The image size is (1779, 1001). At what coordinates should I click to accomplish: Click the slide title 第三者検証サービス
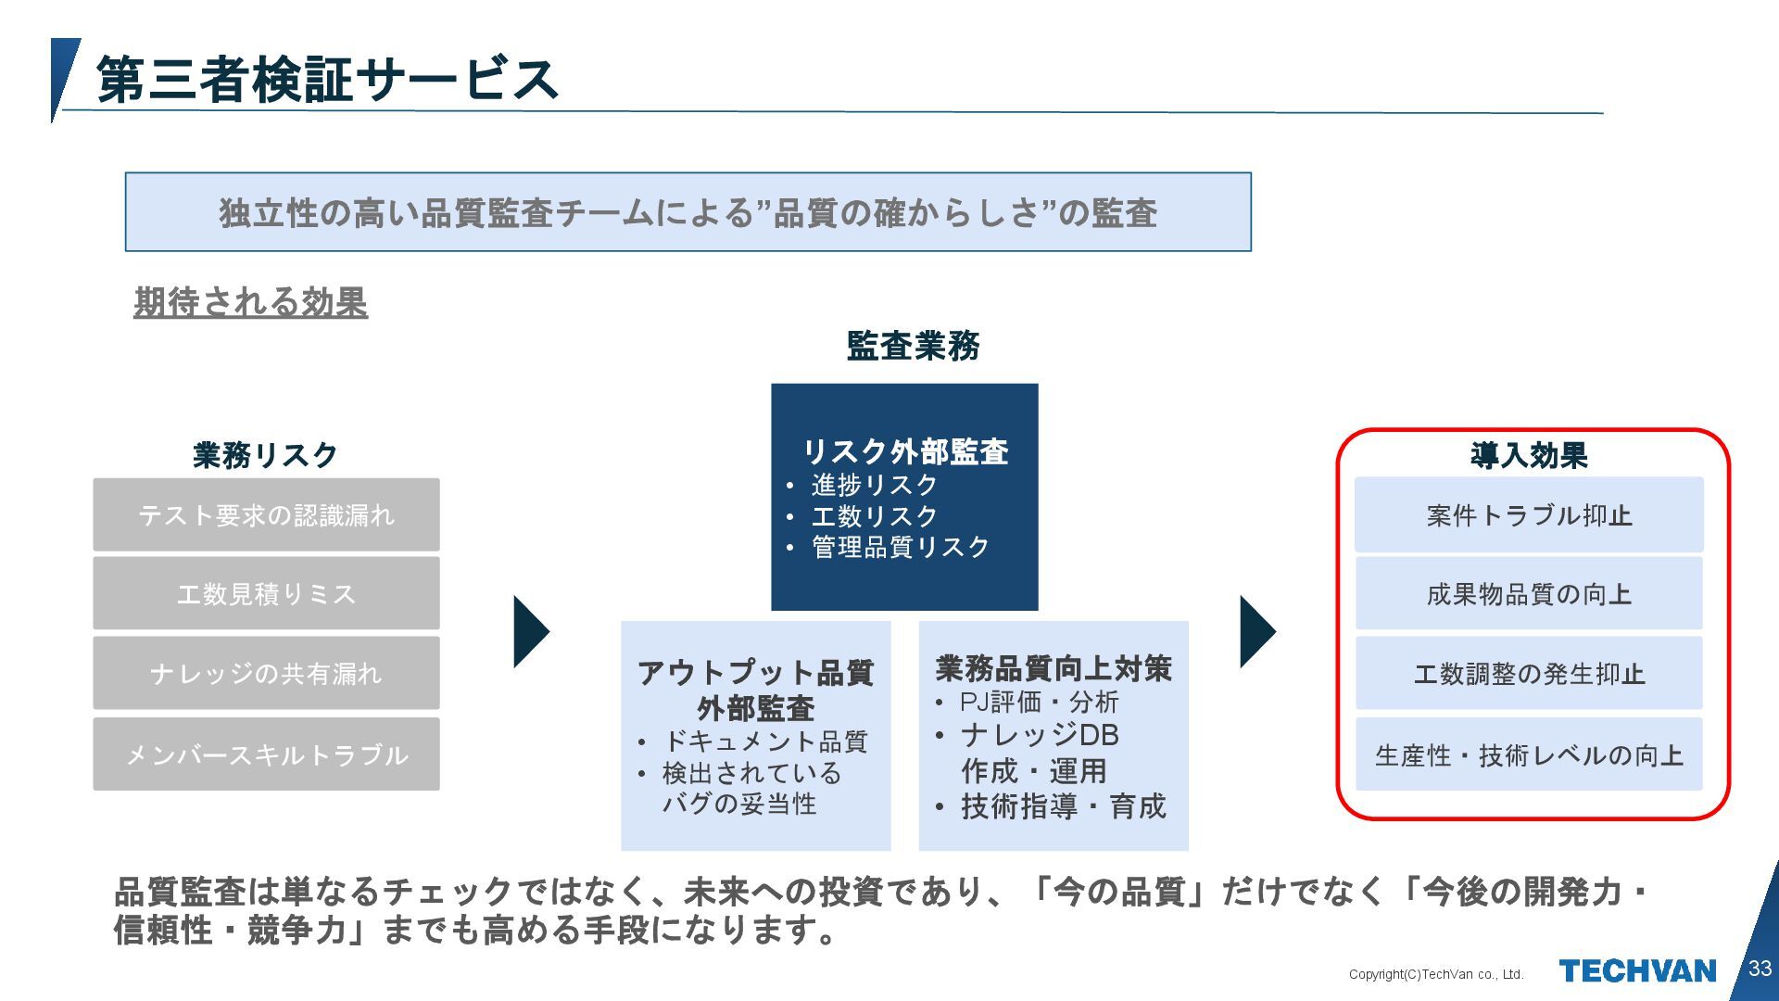(x=327, y=80)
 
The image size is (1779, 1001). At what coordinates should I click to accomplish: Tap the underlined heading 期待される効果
(x=250, y=302)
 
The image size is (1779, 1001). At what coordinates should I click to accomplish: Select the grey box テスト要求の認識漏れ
(x=266, y=515)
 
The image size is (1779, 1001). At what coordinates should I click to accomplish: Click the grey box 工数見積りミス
(x=266, y=594)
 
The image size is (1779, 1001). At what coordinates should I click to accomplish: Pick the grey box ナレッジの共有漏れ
(x=266, y=674)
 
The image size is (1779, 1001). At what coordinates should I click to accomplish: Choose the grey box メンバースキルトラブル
(x=266, y=754)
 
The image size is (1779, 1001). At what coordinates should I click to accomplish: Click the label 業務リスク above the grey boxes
(x=265, y=455)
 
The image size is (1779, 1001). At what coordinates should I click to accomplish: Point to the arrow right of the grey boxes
(x=530, y=631)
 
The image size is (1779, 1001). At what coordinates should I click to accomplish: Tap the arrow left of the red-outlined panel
(x=1256, y=631)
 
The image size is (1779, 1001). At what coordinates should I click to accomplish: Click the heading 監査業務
(x=913, y=346)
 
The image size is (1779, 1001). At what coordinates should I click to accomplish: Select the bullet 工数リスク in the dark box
(x=875, y=516)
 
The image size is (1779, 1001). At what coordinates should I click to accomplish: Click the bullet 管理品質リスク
(x=901, y=548)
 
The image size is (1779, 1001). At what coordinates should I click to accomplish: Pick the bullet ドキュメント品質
(x=765, y=741)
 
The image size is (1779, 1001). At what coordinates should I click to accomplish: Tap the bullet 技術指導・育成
(x=1063, y=806)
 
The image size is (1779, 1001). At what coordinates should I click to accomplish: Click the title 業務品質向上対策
(x=1054, y=668)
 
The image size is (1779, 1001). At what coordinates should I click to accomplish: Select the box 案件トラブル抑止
(x=1529, y=515)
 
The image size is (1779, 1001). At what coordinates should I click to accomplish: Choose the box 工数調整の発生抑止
(x=1529, y=674)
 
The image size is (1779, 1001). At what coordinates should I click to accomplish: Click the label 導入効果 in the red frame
(x=1529, y=455)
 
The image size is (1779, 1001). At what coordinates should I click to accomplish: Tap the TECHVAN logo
(x=1637, y=971)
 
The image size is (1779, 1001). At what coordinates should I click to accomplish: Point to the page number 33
(x=1760, y=969)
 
